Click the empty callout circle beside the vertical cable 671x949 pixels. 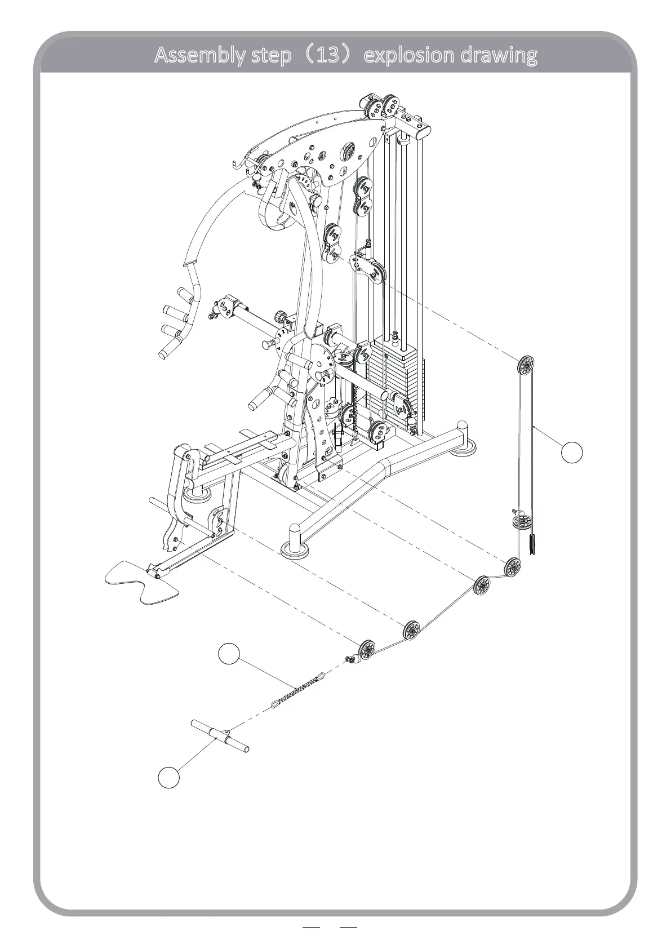[x=572, y=453]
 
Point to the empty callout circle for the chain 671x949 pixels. [x=229, y=653]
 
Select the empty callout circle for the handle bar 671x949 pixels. [x=168, y=777]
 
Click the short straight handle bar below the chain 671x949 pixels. [x=220, y=736]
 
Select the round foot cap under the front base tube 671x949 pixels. [x=294, y=549]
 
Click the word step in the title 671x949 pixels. [x=268, y=55]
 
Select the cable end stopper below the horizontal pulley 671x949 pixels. [x=532, y=546]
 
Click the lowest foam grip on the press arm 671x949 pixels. [x=168, y=352]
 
